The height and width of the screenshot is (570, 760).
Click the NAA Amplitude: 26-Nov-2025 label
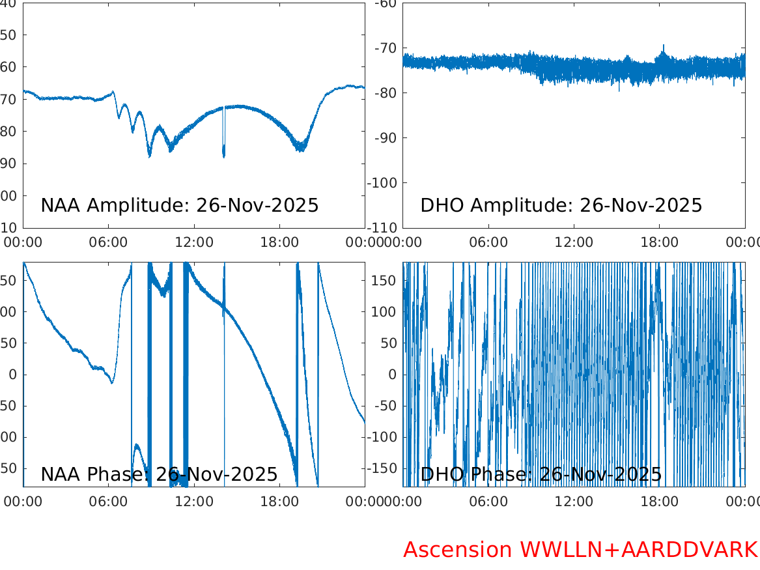point(179,205)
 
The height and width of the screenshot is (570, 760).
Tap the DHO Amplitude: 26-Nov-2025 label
point(561,205)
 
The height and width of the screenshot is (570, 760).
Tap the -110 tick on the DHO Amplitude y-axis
point(382,228)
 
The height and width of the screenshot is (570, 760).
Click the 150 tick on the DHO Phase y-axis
point(384,280)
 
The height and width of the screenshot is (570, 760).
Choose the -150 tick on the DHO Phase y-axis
point(382,468)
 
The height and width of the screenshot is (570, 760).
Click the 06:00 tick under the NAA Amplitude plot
point(109,242)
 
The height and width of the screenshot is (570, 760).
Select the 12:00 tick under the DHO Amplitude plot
point(574,242)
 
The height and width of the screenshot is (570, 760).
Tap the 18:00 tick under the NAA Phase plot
point(279,502)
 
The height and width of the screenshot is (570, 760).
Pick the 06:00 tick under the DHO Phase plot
point(488,502)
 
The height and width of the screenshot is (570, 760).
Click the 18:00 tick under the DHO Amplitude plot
point(659,242)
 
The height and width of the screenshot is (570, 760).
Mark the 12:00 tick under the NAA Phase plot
point(194,502)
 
